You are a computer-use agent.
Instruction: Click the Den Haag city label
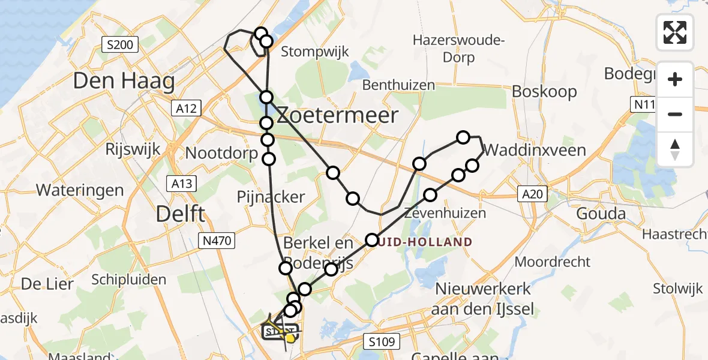[124, 81]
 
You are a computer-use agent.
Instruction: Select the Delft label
[181, 214]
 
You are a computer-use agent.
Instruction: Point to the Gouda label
[601, 214]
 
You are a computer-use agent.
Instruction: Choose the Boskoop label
[544, 92]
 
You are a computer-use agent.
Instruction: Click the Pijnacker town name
[271, 196]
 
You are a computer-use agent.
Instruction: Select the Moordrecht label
[553, 262]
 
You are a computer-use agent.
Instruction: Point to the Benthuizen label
[398, 85]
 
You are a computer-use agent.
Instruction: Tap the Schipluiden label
[129, 279]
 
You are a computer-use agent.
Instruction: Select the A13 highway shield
[180, 182]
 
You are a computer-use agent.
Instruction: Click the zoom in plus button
[675, 79]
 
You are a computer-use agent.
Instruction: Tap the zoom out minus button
[675, 114]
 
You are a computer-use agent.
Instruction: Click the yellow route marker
[291, 338]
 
